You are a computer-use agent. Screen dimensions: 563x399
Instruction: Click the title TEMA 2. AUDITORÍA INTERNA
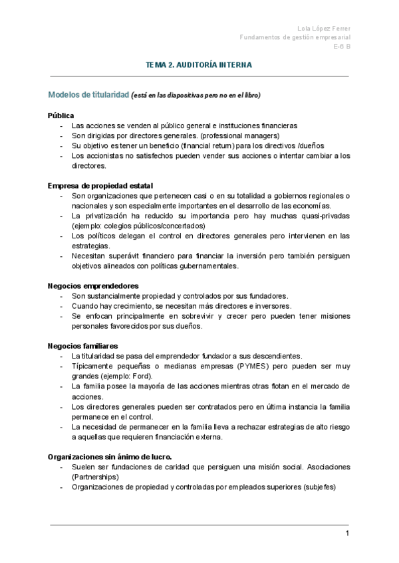tap(199, 65)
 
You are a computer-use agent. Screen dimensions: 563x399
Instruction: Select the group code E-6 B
tap(342, 47)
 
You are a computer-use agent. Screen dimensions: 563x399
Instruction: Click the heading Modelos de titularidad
tap(88, 96)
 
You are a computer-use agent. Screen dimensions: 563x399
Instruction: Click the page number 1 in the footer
tap(347, 534)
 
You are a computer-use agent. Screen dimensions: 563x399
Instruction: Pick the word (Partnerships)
tap(95, 476)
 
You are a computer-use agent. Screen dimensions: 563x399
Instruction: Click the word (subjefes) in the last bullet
tap(319, 486)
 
